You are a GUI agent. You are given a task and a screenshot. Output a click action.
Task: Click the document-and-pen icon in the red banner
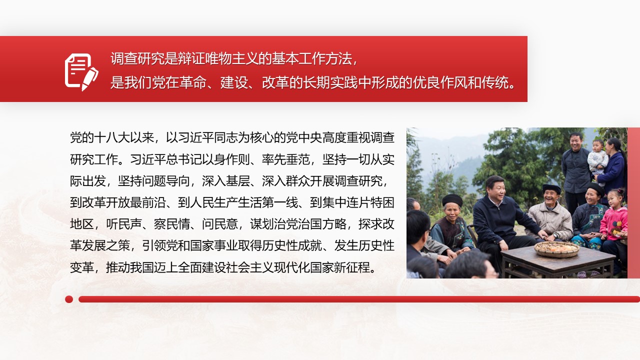(81, 72)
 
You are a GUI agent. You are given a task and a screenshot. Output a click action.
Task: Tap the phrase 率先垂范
(286, 159)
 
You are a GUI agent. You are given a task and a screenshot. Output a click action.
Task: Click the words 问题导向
(166, 181)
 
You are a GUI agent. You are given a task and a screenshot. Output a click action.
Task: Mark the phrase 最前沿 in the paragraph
(148, 203)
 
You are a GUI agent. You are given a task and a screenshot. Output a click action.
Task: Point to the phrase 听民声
(124, 224)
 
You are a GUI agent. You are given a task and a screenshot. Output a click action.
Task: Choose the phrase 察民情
(172, 224)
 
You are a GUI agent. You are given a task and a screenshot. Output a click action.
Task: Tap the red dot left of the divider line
(69, 299)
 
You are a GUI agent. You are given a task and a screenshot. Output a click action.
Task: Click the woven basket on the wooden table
(556, 248)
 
